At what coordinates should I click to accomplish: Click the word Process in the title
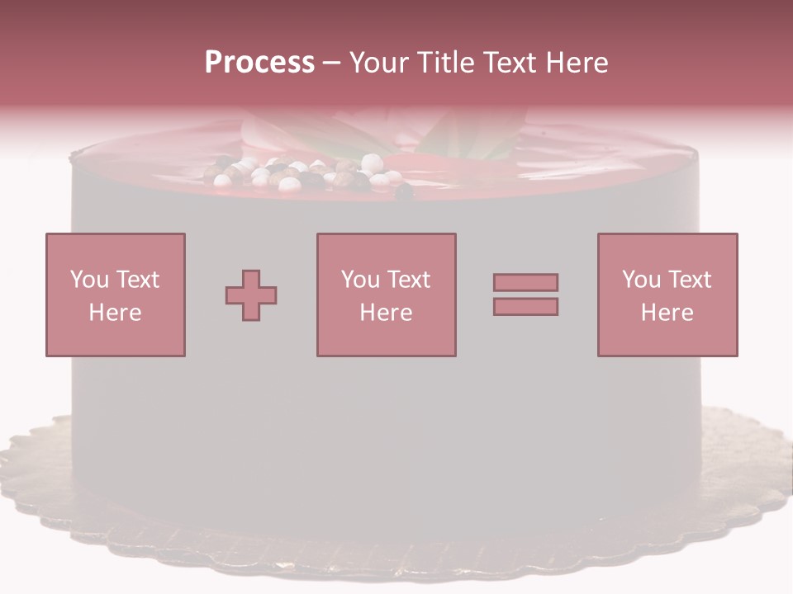(259, 63)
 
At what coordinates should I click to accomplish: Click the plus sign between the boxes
(251, 295)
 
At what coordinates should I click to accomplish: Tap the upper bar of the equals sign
(525, 282)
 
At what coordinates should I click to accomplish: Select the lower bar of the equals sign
(525, 307)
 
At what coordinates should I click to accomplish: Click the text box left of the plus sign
(115, 295)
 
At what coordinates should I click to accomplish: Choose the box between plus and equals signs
(386, 295)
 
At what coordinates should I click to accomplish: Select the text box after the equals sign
(667, 295)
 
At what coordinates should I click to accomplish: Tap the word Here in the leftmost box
(115, 313)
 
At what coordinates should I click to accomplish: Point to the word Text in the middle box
(410, 280)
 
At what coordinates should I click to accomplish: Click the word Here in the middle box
(386, 313)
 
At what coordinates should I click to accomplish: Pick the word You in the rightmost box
(641, 280)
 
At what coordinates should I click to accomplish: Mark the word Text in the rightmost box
(691, 280)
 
